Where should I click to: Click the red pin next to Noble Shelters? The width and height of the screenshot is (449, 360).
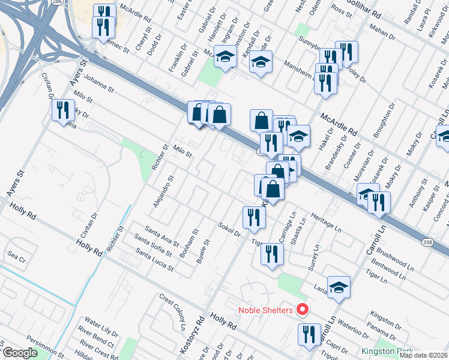[x=303, y=310]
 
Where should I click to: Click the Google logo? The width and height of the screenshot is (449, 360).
[x=20, y=353]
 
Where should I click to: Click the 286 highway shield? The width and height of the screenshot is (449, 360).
[x=56, y=2]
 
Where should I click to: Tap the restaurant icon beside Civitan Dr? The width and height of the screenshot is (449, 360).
[x=62, y=110]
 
